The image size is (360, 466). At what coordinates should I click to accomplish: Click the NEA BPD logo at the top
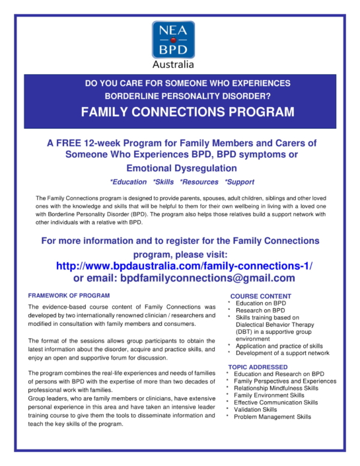click(173, 39)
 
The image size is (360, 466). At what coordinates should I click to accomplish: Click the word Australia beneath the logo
click(173, 65)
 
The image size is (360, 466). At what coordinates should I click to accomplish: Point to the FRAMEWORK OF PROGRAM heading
click(69, 295)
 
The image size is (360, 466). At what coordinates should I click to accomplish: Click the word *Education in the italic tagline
click(128, 182)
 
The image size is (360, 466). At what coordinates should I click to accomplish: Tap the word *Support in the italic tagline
click(239, 182)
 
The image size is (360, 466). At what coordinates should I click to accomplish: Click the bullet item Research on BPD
click(260, 310)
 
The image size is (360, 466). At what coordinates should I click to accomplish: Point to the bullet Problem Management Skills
click(273, 417)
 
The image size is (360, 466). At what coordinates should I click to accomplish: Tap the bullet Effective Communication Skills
click(276, 403)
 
